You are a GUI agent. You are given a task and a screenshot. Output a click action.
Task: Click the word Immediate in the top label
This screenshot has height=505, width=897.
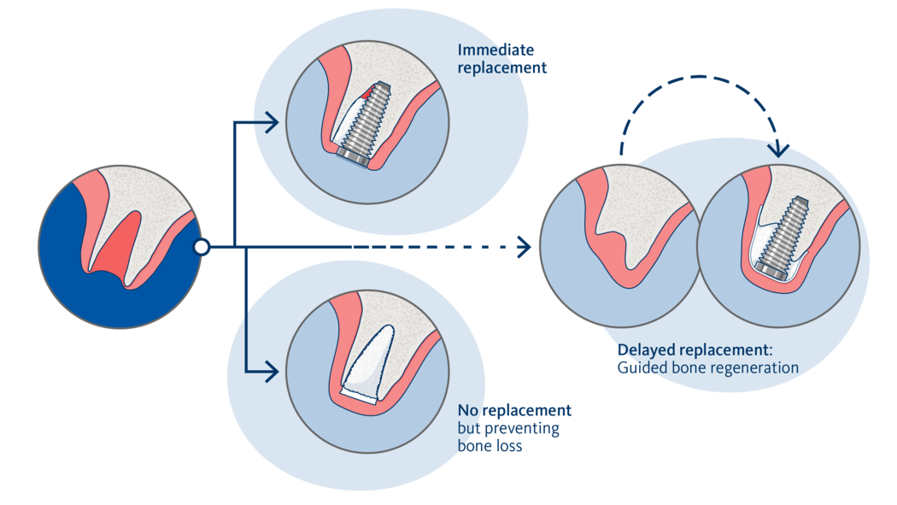[x=495, y=50]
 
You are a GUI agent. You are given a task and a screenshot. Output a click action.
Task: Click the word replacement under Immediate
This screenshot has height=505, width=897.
[x=501, y=68]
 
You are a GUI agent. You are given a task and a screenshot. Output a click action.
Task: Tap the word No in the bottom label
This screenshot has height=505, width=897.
[x=467, y=410]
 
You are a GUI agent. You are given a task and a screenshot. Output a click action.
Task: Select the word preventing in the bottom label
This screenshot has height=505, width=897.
[x=522, y=429]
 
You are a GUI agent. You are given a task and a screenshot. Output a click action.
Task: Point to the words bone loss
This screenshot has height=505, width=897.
[x=490, y=446]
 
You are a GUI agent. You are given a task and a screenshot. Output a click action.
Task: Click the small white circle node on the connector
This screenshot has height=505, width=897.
[x=202, y=247]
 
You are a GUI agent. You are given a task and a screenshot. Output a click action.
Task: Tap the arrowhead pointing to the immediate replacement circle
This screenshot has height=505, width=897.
[x=272, y=122]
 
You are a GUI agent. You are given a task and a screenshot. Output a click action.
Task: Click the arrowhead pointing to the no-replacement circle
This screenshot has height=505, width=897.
[x=272, y=372]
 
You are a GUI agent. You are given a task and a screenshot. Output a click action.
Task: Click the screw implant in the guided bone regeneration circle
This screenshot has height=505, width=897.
[x=783, y=238]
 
